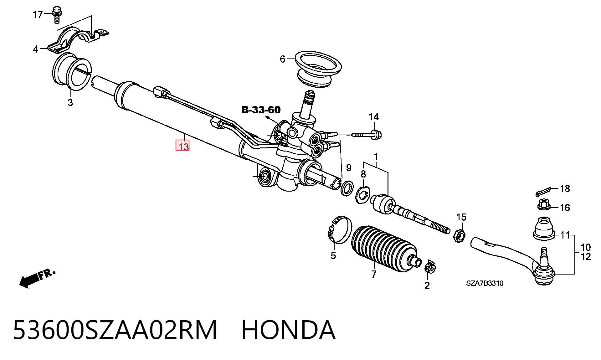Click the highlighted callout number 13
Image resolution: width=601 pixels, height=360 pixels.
click(182, 146)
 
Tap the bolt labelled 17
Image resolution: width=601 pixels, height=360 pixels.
click(57, 14)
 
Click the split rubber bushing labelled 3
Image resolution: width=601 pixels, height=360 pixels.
click(71, 71)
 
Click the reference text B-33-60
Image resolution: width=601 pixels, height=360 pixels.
click(261, 110)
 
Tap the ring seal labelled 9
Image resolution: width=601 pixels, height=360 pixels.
click(347, 188)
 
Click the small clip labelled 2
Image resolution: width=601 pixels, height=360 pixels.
click(430, 266)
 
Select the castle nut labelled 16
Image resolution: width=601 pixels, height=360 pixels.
click(544, 205)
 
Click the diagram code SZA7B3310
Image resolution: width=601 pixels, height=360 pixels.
click(485, 283)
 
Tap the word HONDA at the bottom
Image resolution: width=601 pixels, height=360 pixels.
click(288, 330)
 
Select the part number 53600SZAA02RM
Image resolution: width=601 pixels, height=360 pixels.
click(115, 330)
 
